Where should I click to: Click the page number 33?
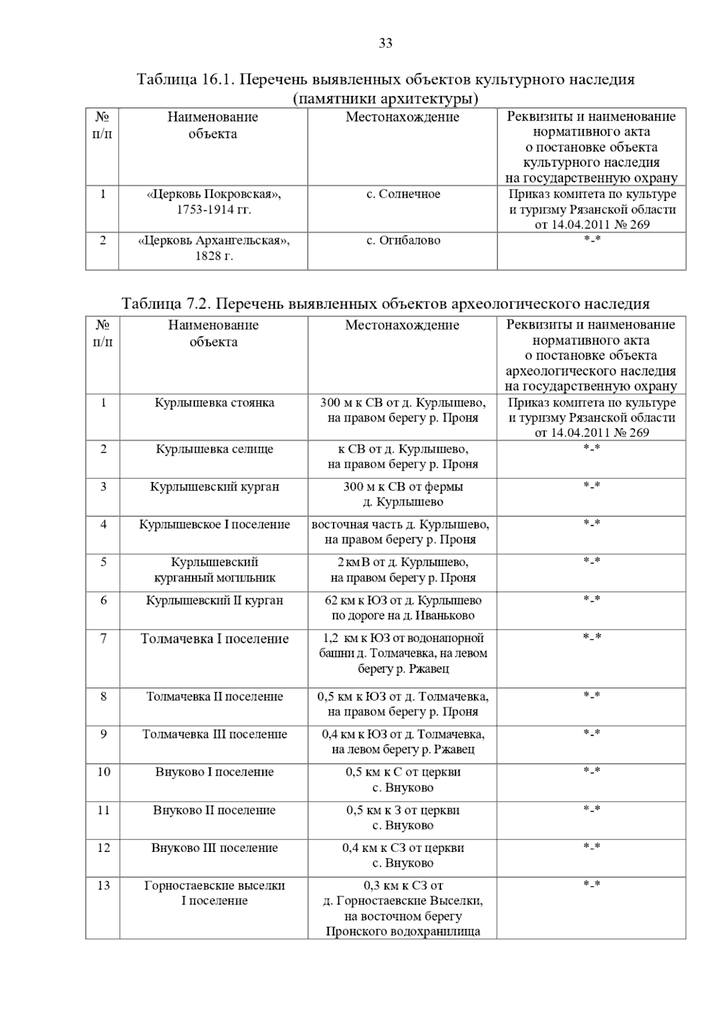coord(385,43)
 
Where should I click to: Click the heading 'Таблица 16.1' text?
coord(385,80)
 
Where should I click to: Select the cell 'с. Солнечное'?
coord(403,194)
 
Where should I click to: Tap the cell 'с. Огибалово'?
coord(403,240)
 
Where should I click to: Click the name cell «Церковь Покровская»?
coord(214,202)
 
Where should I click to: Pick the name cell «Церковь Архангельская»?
coord(214,248)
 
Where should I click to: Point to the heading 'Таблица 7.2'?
coord(385,303)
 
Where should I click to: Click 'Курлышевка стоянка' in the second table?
coord(214,403)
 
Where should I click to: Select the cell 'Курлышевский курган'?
coord(214,486)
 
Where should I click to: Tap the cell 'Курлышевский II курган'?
coord(214,600)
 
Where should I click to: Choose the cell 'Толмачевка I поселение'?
coord(214,638)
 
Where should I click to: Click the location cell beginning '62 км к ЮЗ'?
coord(403,608)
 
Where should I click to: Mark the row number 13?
coord(103,886)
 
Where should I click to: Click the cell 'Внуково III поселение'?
coord(214,848)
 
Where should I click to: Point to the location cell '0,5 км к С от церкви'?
coord(403,779)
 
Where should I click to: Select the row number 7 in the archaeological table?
coord(103,638)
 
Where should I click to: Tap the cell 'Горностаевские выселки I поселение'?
coord(214,893)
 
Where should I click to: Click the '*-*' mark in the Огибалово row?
coord(592,240)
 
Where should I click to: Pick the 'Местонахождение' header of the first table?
coord(402,117)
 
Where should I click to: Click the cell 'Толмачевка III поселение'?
coord(214,734)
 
